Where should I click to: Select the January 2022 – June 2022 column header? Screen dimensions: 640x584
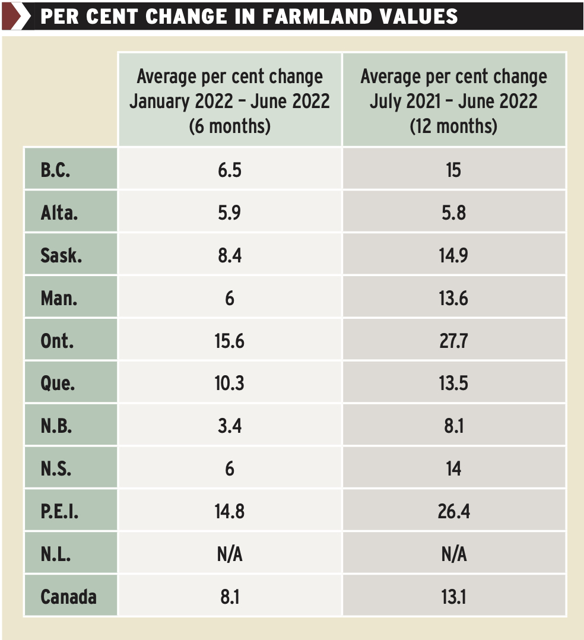click(230, 100)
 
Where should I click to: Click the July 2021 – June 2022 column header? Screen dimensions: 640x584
click(453, 100)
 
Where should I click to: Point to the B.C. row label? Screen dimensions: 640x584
click(56, 170)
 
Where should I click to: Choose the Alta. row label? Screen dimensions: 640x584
click(59, 213)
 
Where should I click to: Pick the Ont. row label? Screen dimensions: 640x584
click(57, 341)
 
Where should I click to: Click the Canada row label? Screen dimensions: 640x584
click(68, 596)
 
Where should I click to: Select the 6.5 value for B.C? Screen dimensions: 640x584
click(230, 170)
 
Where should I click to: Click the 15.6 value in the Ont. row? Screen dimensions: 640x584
click(230, 341)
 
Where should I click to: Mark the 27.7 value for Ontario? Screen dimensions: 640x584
click(453, 341)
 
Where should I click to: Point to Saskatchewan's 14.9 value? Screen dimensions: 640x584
click(453, 255)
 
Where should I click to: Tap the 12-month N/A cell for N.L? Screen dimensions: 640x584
click(453, 554)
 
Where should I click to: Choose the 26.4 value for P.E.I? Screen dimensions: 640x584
click(453, 511)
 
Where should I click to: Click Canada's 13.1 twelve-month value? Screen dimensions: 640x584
click(453, 596)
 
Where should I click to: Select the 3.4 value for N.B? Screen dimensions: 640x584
click(230, 426)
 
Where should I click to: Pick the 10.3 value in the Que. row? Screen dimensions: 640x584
click(230, 383)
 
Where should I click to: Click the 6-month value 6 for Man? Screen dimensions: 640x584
click(230, 298)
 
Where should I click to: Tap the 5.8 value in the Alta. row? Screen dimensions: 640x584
click(453, 213)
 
